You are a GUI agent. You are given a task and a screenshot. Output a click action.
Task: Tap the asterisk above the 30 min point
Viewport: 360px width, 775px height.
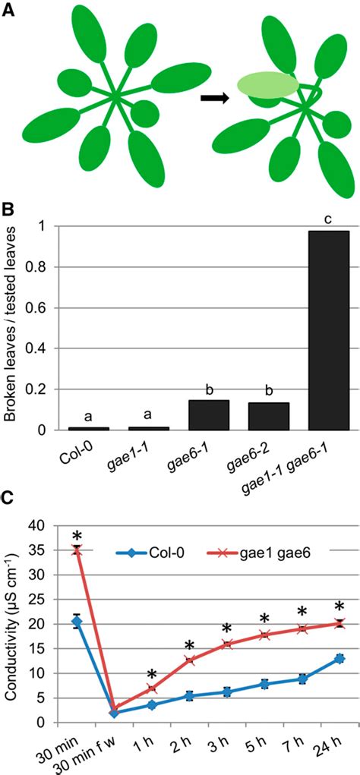(76, 532)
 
